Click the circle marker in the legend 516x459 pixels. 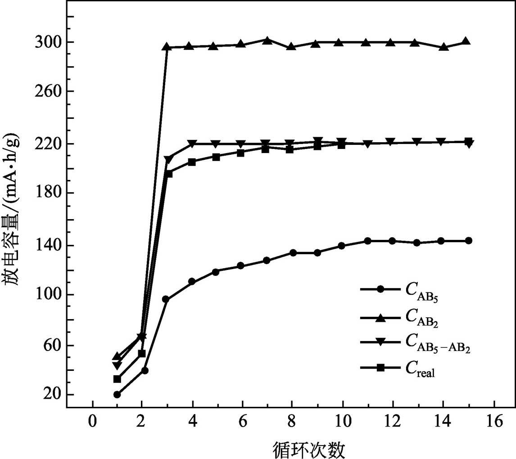[380, 289]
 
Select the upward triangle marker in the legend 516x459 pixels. [380, 317]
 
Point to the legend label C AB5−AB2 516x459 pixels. [437, 344]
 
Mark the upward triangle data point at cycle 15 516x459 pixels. [466, 41]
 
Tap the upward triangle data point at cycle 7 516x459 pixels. [267, 40]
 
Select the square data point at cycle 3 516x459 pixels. [169, 174]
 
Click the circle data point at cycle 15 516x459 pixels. [468, 241]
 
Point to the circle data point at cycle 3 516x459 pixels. [166, 299]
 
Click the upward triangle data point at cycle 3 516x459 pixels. [166, 46]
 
